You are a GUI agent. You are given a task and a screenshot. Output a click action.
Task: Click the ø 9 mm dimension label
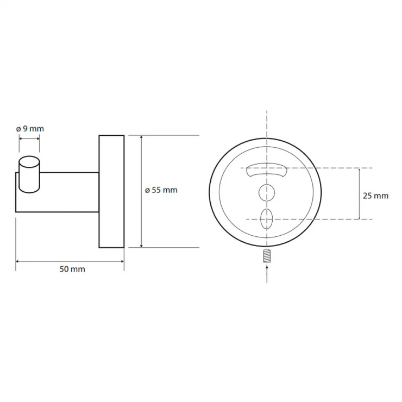pyautogui.click(x=30, y=129)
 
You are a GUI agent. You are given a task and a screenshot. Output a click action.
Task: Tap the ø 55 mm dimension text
pyautogui.click(x=161, y=190)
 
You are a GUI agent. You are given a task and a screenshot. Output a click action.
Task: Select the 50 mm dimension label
pyautogui.click(x=72, y=269)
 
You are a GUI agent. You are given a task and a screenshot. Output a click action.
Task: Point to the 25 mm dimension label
pyautogui.click(x=375, y=196)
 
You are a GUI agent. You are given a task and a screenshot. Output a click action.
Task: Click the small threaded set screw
pyautogui.click(x=267, y=256)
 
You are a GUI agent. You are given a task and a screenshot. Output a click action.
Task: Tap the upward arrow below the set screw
pyautogui.click(x=267, y=274)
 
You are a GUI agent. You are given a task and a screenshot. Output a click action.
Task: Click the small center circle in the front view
pyautogui.click(x=267, y=192)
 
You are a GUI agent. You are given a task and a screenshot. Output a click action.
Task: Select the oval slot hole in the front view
pyautogui.click(x=267, y=219)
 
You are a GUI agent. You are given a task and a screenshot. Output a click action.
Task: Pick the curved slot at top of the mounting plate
pyautogui.click(x=267, y=170)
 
